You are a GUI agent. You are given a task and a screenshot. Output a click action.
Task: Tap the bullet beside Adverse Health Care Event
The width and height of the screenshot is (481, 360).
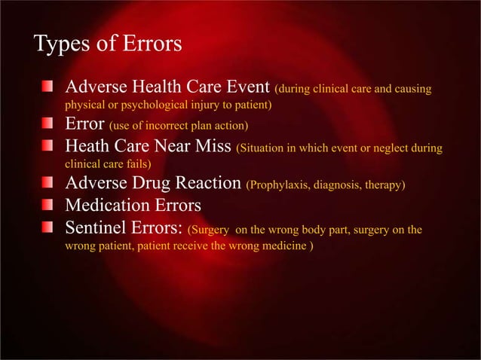point(47,87)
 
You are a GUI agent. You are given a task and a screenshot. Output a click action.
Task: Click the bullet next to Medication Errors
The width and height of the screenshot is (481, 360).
point(47,205)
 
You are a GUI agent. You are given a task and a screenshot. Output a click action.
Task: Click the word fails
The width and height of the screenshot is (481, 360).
point(137,162)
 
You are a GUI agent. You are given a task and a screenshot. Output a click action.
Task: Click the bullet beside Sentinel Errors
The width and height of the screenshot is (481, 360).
point(47,226)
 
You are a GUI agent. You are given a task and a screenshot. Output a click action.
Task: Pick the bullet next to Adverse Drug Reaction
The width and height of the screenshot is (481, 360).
point(47,183)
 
